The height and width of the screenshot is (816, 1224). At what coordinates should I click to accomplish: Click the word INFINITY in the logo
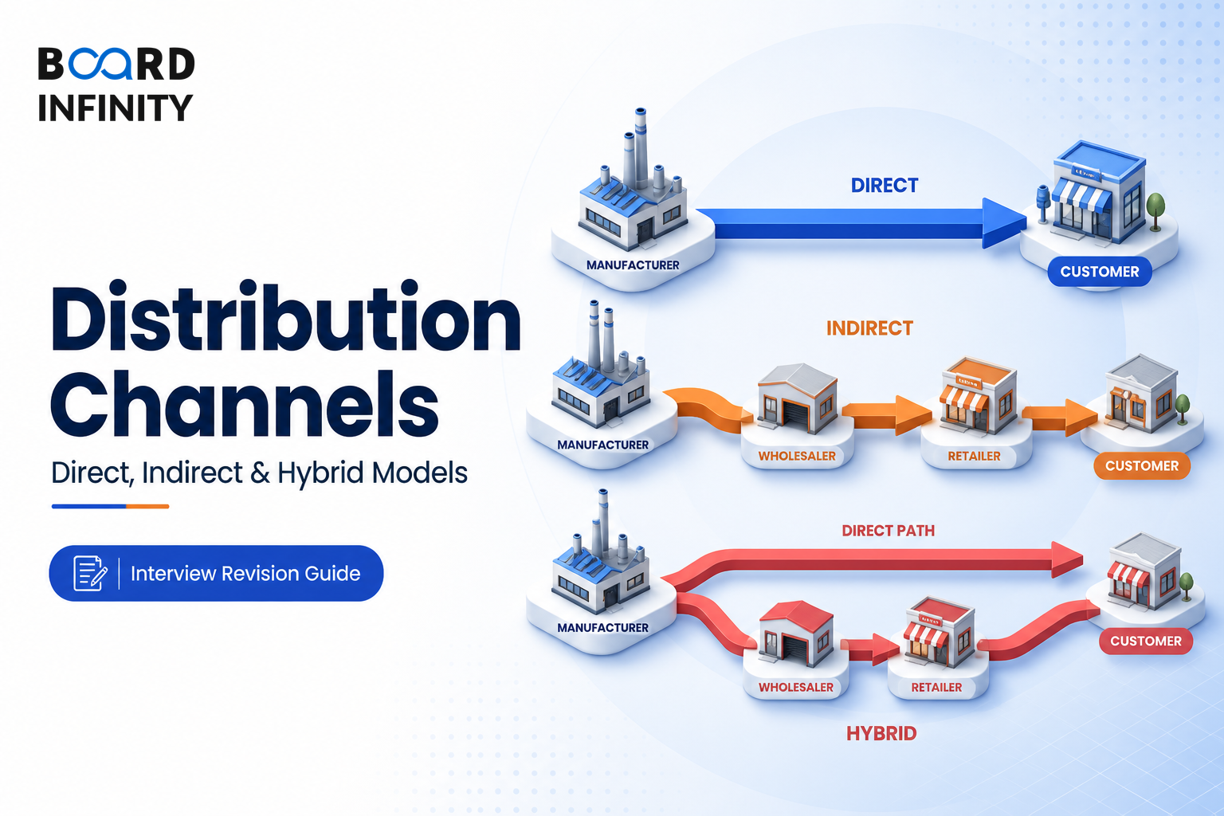pos(116,108)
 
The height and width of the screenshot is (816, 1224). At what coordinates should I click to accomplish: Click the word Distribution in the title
pos(286,317)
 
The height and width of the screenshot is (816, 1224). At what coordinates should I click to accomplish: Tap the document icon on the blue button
pos(90,573)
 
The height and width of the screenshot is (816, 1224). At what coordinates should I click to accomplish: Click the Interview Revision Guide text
pos(245,573)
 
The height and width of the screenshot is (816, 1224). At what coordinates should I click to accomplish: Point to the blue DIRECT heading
pos(884,186)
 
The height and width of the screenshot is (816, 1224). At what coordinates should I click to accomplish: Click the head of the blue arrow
pos(1004,223)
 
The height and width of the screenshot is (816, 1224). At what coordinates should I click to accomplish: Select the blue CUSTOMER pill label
pos(1100,272)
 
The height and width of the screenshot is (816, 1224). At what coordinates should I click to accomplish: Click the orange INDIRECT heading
pos(869,328)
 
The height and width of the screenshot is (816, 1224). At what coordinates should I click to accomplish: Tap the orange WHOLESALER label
pos(797,456)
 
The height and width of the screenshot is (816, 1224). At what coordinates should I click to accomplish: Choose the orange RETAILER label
pos(974,456)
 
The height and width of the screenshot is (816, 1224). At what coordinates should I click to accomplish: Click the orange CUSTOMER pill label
pos(1141,465)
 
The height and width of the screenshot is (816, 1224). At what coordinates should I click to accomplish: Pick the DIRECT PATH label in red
pos(888,531)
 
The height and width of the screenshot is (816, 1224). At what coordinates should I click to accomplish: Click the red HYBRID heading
pos(881,733)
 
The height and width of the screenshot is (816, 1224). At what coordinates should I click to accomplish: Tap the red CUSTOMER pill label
pos(1146,641)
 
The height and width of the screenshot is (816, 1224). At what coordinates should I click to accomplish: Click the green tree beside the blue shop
pos(1155,211)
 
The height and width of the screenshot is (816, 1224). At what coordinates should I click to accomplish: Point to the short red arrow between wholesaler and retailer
pos(870,649)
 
